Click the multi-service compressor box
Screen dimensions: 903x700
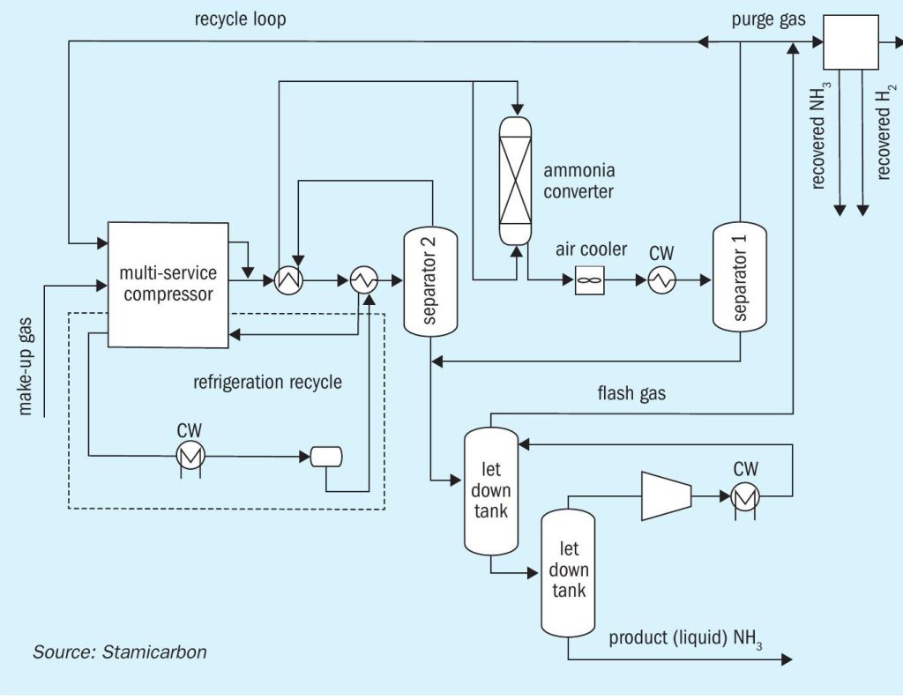click(x=168, y=285)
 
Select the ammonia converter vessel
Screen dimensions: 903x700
click(x=515, y=181)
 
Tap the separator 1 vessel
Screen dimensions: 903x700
click(x=740, y=277)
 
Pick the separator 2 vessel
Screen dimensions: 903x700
click(x=430, y=281)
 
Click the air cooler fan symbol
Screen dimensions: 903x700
click(x=590, y=280)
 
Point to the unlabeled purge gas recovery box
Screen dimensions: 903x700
click(x=851, y=42)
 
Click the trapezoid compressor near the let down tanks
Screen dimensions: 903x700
click(x=667, y=496)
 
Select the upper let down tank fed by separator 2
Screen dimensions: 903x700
click(x=491, y=491)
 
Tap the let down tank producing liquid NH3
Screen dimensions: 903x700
click(x=568, y=573)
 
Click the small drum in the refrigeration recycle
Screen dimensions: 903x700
click(x=326, y=457)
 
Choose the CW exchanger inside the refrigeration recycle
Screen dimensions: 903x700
click(x=190, y=457)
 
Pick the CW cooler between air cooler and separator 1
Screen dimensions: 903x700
click(x=661, y=280)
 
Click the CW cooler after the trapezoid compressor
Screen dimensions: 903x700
click(x=745, y=496)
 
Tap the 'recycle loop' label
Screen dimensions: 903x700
click(x=240, y=19)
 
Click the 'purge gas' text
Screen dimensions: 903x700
click(x=768, y=20)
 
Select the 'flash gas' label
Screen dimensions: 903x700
click(x=631, y=393)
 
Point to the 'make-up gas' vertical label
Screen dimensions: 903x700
click(x=26, y=366)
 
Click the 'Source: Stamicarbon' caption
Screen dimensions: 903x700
click(x=120, y=652)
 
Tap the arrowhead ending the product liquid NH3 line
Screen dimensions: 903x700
click(x=787, y=659)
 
